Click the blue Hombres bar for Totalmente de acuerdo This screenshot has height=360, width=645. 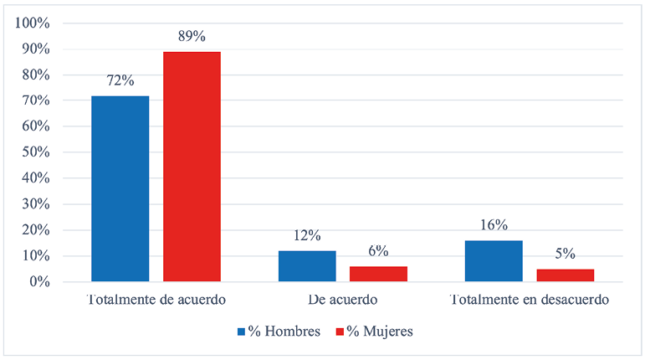point(120,188)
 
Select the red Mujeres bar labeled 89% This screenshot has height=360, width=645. point(192,167)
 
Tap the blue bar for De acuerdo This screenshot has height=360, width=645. point(306,266)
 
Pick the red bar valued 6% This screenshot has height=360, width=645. point(378,274)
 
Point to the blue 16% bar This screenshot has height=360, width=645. point(494,261)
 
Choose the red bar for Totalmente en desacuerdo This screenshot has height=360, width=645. point(566,275)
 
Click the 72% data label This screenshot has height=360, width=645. point(120,81)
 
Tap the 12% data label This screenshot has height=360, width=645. point(306,236)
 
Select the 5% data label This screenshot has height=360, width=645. point(566,255)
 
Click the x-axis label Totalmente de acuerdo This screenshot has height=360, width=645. point(156,300)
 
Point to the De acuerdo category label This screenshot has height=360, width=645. point(342,300)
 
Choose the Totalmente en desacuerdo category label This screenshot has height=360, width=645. point(530,300)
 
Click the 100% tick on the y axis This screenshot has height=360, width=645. point(34,23)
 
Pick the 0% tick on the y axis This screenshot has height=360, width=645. point(40,282)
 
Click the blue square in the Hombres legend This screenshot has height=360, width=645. point(241,332)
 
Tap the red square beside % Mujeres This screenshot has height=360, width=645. point(341,332)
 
